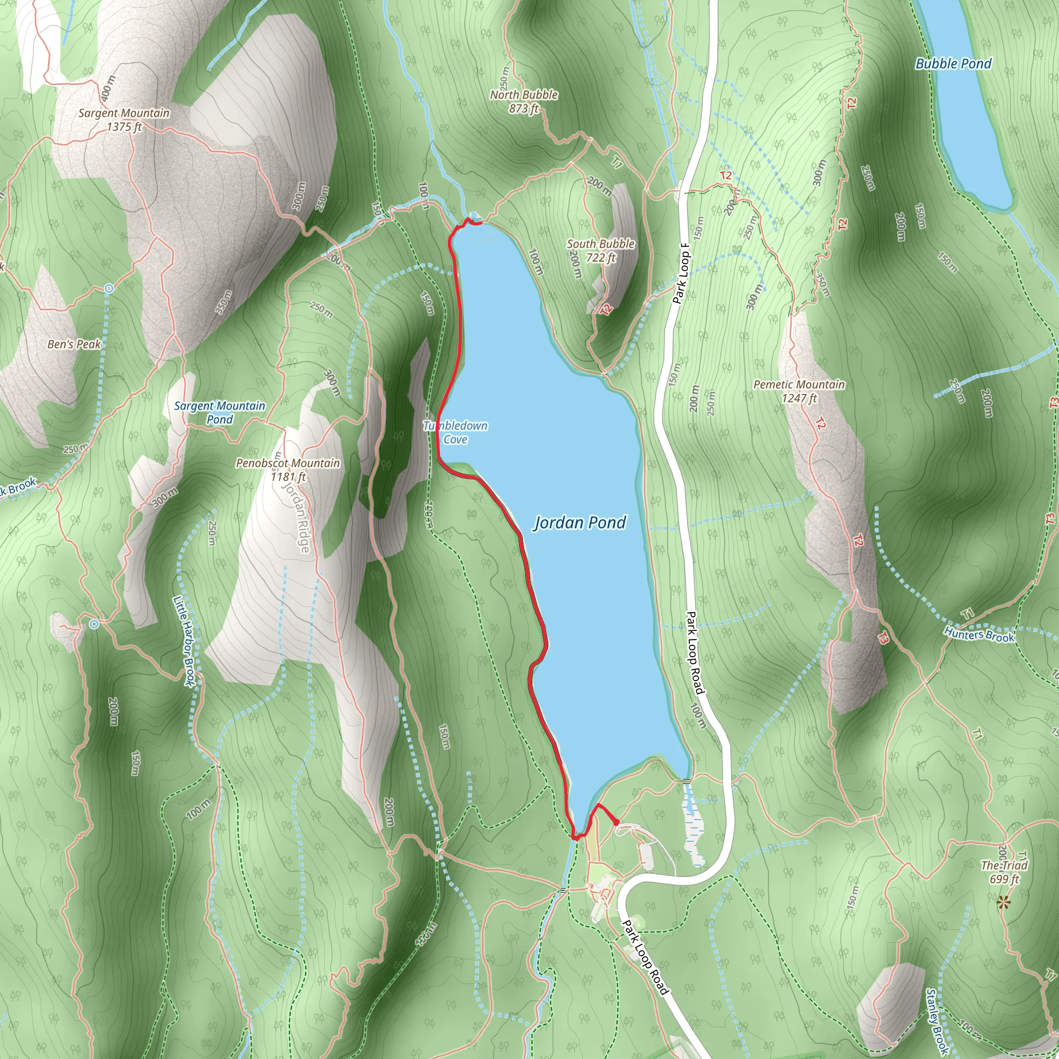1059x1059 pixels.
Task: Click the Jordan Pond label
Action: (580, 523)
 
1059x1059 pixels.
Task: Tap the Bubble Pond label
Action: (953, 64)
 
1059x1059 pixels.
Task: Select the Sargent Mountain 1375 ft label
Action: (124, 119)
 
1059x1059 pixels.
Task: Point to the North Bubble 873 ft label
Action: (523, 101)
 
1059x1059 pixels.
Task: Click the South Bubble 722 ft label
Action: (600, 250)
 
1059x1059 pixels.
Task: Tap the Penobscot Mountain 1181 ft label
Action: (288, 470)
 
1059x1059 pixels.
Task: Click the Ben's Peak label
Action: (74, 344)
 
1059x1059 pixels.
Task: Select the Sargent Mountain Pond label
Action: (219, 412)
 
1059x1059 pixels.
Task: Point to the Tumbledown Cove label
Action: (455, 432)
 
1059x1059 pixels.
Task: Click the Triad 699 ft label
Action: (1004, 871)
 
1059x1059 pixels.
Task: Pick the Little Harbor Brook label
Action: (184, 641)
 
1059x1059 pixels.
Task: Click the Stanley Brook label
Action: (937, 1021)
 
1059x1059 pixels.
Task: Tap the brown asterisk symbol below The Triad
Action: (1003, 902)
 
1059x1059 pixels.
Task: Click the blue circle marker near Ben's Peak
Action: (109, 288)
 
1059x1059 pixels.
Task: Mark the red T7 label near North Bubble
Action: (617, 163)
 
